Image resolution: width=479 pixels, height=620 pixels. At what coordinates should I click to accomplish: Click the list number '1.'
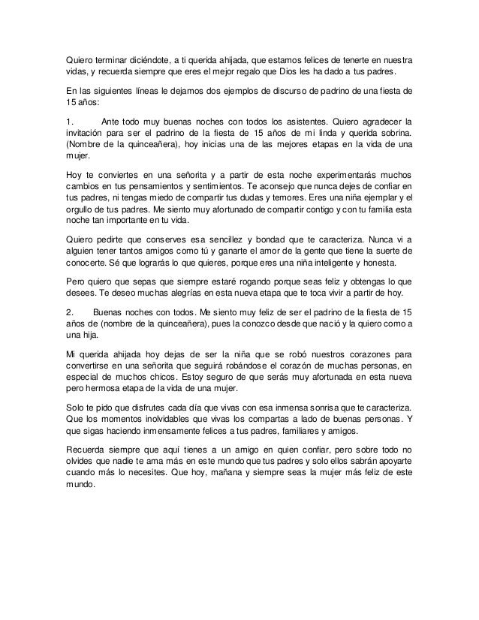coord(70,119)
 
